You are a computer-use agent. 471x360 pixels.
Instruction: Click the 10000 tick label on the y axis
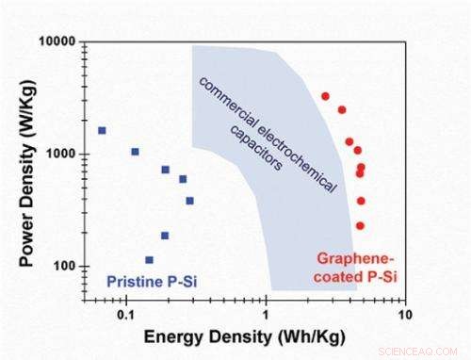60,42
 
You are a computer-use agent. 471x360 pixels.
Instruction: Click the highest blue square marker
102,130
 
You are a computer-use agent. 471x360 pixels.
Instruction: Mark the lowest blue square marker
149,259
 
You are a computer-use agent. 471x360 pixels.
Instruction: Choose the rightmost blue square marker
189,200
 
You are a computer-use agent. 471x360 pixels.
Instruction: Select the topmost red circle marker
325,96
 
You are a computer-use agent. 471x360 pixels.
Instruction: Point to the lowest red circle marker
360,225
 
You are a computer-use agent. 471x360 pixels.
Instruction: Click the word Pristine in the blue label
129,279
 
